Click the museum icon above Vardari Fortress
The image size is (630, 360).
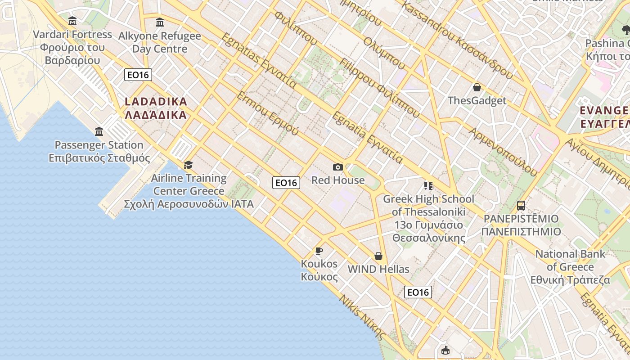(x=72, y=21)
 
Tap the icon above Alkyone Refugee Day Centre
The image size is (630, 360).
(x=160, y=22)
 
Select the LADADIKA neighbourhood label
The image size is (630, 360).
(x=156, y=108)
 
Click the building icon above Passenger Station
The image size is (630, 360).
(x=99, y=131)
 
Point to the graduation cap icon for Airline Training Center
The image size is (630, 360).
(x=188, y=165)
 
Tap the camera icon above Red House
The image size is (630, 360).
(x=338, y=167)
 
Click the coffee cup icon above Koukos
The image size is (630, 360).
(x=319, y=251)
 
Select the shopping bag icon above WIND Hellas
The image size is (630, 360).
(x=378, y=256)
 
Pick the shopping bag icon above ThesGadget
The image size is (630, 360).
(x=477, y=87)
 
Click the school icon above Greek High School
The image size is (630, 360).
(x=428, y=185)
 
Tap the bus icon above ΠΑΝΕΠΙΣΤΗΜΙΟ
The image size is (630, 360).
(x=521, y=206)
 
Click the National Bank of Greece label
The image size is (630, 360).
(x=570, y=266)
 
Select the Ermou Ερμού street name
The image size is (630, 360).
(x=267, y=113)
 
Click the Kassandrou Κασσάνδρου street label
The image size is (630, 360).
(x=456, y=40)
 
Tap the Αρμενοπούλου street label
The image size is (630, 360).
(x=504, y=152)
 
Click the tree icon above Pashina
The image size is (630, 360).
(x=625, y=30)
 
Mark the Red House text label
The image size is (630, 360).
(x=338, y=180)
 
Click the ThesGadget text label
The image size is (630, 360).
(x=477, y=100)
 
